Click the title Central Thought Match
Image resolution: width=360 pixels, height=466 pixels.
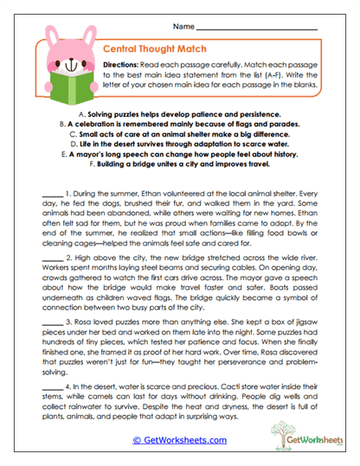click(145, 51)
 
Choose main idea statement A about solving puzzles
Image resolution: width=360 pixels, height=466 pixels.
click(179, 114)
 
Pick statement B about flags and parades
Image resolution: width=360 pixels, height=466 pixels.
click(179, 124)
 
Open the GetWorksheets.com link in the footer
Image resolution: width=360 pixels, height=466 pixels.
click(179, 440)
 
